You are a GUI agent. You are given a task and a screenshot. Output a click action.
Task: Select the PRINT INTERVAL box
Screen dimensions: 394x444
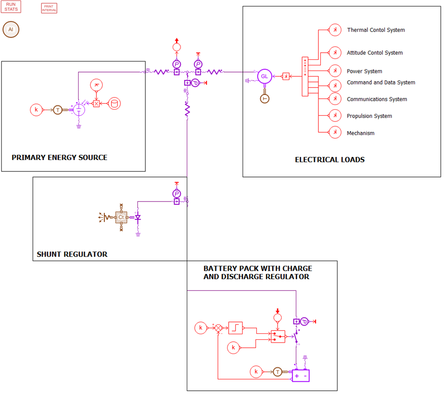(x=49, y=8)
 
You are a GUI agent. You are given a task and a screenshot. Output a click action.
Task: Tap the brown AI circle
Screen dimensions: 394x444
(x=11, y=30)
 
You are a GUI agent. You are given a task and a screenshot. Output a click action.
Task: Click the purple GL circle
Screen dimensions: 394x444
(x=265, y=76)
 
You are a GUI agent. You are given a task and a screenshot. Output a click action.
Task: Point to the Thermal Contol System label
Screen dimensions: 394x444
(x=376, y=30)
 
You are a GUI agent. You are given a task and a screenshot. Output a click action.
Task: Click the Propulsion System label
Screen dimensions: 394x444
(x=369, y=116)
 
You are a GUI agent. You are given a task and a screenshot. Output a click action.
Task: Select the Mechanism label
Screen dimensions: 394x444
(x=361, y=133)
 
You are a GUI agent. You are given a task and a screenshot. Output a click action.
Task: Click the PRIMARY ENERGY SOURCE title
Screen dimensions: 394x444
(x=59, y=158)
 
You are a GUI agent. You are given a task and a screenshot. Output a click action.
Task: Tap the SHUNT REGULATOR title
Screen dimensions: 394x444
(x=72, y=255)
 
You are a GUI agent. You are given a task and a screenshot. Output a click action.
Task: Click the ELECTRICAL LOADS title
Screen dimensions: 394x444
(x=330, y=160)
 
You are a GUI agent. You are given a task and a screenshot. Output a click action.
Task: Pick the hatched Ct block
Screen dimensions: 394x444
(x=121, y=217)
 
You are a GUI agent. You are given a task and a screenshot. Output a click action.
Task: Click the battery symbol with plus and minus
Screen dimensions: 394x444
(x=301, y=376)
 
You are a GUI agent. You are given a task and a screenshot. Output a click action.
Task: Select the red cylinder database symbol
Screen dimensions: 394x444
(x=114, y=104)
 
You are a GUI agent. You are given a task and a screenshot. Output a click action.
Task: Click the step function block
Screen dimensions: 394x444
(x=235, y=328)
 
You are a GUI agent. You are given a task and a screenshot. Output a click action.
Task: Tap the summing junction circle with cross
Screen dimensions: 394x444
(x=218, y=328)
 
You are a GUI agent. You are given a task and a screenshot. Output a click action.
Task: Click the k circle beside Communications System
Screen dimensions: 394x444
(x=335, y=99)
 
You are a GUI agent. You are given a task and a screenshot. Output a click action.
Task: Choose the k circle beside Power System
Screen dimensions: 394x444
(x=335, y=71)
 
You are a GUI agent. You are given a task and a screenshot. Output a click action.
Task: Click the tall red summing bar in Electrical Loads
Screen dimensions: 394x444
(x=305, y=77)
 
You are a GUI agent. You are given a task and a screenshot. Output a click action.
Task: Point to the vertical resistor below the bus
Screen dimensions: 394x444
(x=187, y=110)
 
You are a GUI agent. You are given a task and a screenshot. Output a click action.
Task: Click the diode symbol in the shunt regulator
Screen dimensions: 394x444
(x=138, y=218)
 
